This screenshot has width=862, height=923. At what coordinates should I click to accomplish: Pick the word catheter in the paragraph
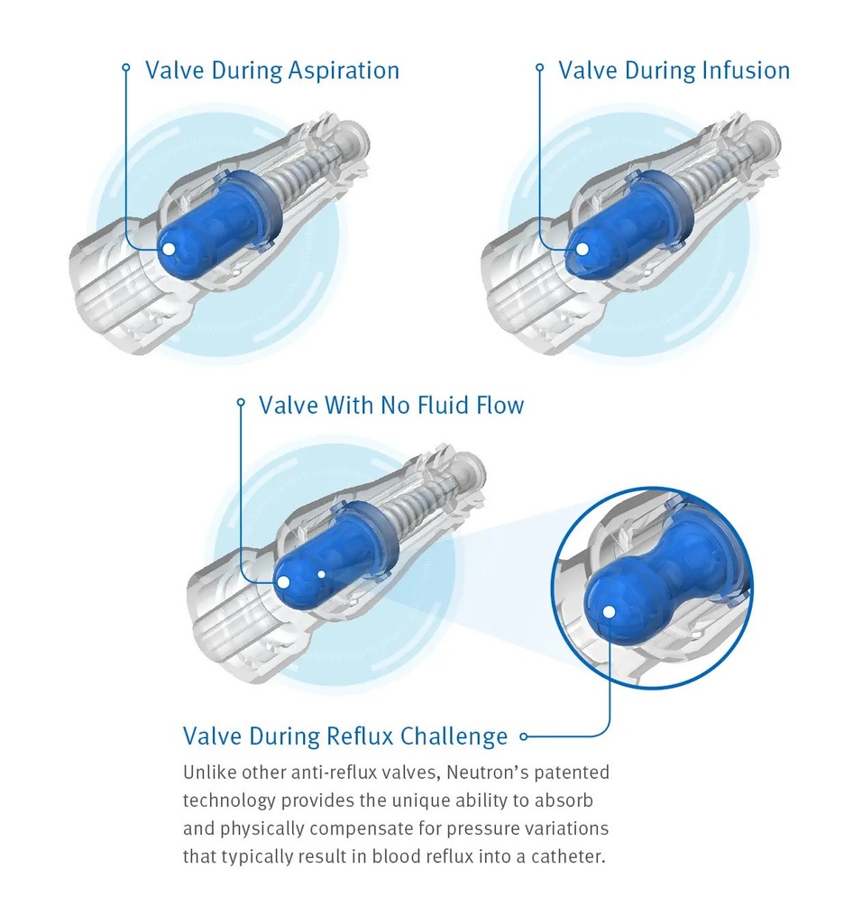pos(564,855)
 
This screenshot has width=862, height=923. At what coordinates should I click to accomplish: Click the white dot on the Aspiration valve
pos(169,248)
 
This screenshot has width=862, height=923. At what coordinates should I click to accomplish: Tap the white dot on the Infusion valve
pos(582,248)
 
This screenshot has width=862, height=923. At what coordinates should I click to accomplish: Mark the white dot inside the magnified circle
pos(609,612)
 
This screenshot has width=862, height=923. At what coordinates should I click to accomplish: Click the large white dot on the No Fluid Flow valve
pos(283,582)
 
